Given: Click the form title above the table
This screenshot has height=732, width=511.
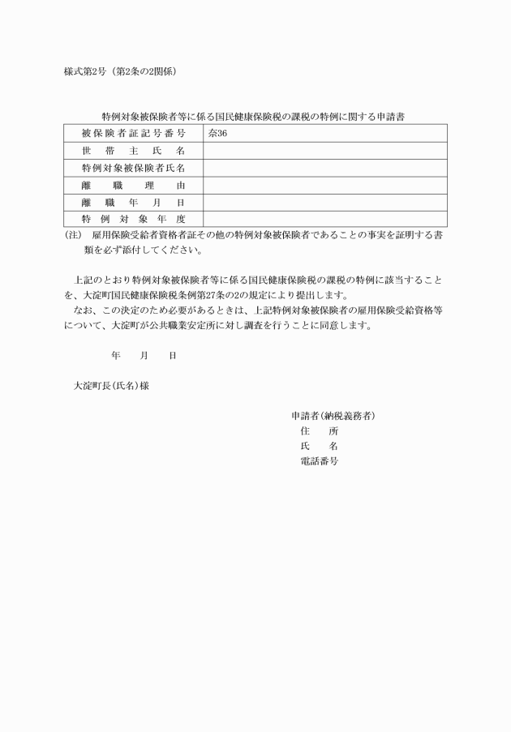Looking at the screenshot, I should [x=253, y=117].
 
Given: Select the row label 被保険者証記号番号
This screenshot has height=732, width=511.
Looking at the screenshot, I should [x=133, y=133].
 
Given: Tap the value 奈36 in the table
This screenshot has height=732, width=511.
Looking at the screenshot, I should [x=217, y=133].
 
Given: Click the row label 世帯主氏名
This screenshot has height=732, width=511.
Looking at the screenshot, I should [x=133, y=151].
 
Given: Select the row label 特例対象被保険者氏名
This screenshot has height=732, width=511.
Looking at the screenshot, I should [x=133, y=168].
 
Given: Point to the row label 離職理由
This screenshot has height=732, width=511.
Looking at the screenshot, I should [x=133, y=186].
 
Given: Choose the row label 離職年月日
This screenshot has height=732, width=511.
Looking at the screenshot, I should [x=133, y=203].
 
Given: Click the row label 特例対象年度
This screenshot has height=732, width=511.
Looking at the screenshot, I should [x=133, y=220].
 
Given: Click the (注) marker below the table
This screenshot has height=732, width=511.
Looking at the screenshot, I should [x=73, y=234].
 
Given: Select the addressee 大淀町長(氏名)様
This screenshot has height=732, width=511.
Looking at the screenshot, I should [x=110, y=386].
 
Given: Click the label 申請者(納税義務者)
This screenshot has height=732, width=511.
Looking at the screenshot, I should [x=333, y=416].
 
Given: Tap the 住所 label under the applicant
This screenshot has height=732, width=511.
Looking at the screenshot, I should [x=319, y=431].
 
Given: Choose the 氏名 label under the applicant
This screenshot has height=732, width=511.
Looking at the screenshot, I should [x=319, y=447].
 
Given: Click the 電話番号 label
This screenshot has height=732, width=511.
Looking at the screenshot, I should [x=319, y=461].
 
